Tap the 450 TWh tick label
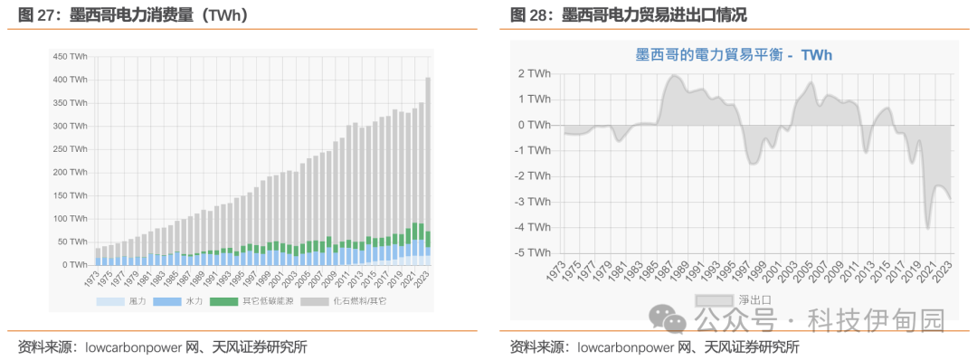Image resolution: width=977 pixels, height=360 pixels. coord(70,56)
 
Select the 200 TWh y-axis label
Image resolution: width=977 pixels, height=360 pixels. coord(70,172)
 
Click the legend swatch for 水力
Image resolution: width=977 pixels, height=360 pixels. coord(167,300)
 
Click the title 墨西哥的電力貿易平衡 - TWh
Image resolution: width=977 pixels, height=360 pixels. coord(733,55)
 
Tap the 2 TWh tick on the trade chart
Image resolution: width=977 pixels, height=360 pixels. coord(533,73)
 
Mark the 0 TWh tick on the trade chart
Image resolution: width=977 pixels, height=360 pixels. coord(533,125)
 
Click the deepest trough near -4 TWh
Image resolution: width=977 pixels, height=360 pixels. coord(927,226)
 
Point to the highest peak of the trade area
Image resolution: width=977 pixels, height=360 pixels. coord(674,76)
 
